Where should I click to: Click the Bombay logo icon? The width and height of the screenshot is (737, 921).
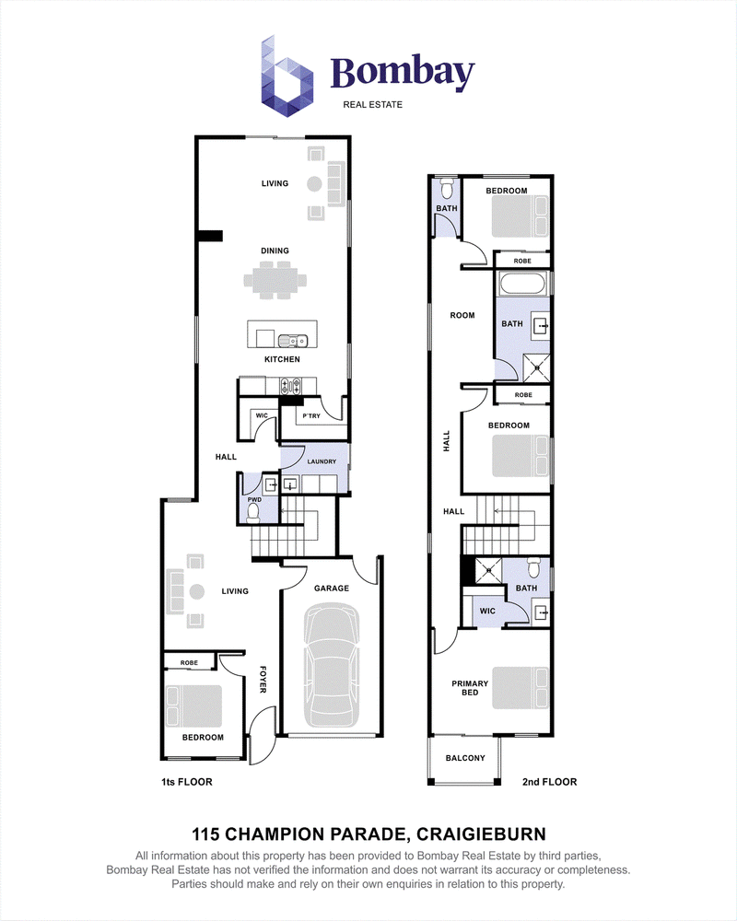click(287, 76)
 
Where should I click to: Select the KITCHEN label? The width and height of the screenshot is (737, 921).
click(282, 359)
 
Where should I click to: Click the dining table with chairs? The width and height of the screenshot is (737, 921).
click(275, 281)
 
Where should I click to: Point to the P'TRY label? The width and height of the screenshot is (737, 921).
click(311, 416)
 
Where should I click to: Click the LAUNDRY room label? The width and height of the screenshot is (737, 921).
click(322, 461)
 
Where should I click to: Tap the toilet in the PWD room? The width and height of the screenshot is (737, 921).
click(254, 513)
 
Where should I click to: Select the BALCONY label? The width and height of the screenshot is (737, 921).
click(465, 758)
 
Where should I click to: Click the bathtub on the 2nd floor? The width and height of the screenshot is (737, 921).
click(523, 283)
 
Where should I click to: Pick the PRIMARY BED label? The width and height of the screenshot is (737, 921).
click(470, 688)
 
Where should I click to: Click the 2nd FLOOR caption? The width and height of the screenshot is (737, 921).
click(549, 782)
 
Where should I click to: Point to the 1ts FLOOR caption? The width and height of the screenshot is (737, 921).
click(187, 782)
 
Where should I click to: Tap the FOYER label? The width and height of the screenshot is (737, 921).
click(263, 679)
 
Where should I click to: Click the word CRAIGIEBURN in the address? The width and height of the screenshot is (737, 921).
click(481, 834)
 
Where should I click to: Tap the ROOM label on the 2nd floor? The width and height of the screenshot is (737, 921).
click(462, 315)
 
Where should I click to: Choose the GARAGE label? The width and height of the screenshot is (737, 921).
click(332, 588)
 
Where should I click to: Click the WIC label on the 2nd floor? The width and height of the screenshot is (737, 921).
click(488, 611)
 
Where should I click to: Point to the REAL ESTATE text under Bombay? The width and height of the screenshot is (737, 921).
click(372, 105)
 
